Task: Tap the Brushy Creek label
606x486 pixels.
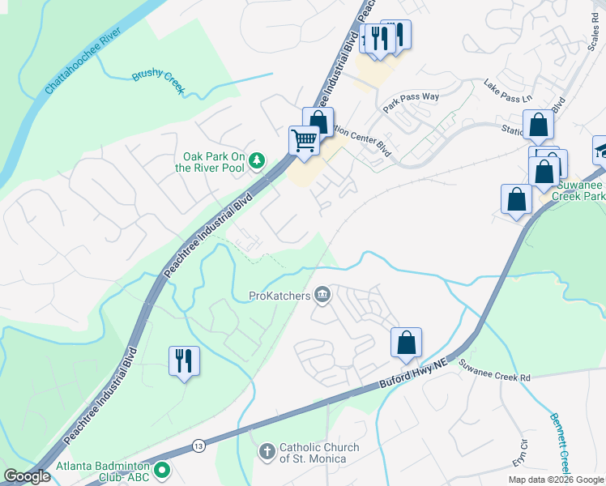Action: pos(158,82)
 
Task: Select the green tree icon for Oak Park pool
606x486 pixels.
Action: pos(257,160)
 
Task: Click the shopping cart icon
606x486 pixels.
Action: pos(305,139)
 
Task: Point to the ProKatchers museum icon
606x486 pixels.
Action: pos(322,294)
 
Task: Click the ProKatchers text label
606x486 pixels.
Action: pos(280,296)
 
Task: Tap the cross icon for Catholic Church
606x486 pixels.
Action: pos(267,451)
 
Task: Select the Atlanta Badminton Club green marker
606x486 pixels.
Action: pos(162,468)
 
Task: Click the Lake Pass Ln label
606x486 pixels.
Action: pos(508,89)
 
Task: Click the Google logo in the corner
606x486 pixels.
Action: pos(27,476)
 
